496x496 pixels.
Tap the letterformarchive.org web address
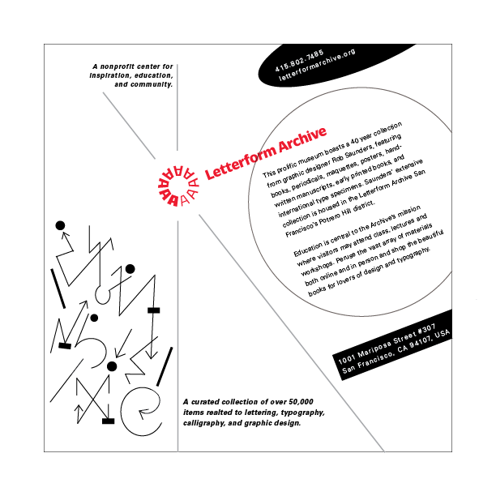[318, 65]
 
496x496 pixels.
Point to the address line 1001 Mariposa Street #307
[386, 343]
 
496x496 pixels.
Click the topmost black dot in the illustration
[59, 224]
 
